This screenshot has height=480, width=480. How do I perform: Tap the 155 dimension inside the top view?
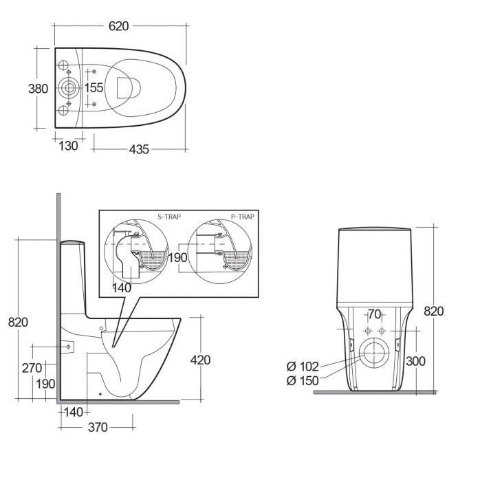[94, 87]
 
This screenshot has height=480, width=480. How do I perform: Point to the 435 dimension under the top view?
[139, 149]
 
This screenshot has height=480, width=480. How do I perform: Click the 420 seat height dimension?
[200, 360]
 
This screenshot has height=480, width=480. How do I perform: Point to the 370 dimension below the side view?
[98, 427]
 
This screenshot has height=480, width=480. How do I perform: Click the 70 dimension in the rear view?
[374, 315]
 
